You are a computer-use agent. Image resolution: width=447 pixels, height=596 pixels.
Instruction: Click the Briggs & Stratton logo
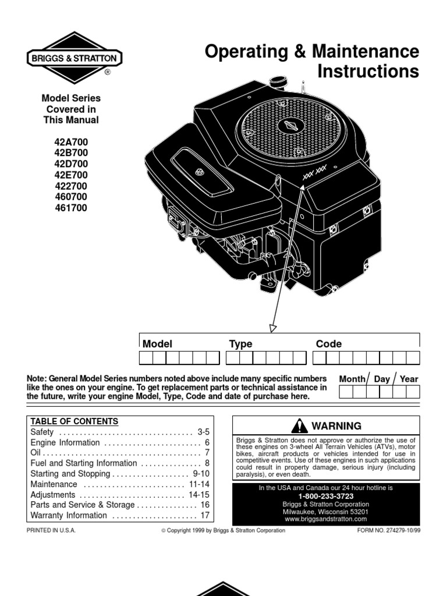73,58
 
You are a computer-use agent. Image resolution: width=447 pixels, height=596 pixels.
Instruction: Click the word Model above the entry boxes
157,344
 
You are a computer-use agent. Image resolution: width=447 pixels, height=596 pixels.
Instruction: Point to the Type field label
240,344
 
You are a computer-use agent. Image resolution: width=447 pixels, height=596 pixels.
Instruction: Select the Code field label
328,344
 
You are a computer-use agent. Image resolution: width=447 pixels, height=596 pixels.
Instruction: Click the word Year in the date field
409,379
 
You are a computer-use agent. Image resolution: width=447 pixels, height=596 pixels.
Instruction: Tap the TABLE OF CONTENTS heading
74,421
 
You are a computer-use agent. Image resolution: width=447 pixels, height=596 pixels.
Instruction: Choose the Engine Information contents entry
65,443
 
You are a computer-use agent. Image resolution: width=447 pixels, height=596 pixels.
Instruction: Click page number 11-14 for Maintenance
197,484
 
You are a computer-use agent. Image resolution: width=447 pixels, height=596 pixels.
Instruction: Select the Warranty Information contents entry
69,516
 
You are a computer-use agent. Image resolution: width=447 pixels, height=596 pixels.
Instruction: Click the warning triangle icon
300,426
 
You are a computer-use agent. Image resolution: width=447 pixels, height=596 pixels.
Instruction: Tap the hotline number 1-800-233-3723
325,496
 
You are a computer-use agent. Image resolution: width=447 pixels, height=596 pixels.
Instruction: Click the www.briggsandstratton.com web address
326,519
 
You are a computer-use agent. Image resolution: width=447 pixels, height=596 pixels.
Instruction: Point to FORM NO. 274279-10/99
386,531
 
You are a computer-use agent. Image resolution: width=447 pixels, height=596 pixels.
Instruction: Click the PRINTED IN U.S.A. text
51,531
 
